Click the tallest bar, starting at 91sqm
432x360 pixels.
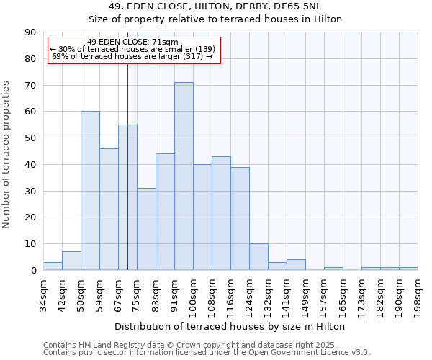(184, 176)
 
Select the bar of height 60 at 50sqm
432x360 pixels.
(90, 191)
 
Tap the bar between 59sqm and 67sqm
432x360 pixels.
(109, 210)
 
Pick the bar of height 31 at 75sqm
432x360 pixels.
(146, 229)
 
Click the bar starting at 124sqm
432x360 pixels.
(258, 257)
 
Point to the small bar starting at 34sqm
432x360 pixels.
(53, 266)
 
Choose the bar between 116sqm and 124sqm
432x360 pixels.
(240, 219)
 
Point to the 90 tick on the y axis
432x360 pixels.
(30, 32)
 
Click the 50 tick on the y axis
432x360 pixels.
(30, 138)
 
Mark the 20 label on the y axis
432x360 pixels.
(30, 217)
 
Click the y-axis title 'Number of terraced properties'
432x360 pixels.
(7, 155)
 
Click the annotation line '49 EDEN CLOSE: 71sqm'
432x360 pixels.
(132, 42)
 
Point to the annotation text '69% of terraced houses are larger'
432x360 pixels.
(132, 56)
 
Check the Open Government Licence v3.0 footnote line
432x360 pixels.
(207, 353)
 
